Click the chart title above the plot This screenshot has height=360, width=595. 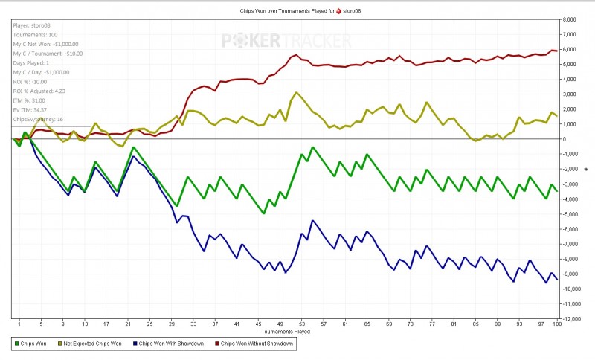(297, 11)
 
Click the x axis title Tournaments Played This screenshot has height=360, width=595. (286, 332)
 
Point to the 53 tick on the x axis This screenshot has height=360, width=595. (301, 324)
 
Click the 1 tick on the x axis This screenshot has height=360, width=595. (19, 324)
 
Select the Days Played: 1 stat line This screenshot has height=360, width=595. (32, 63)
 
